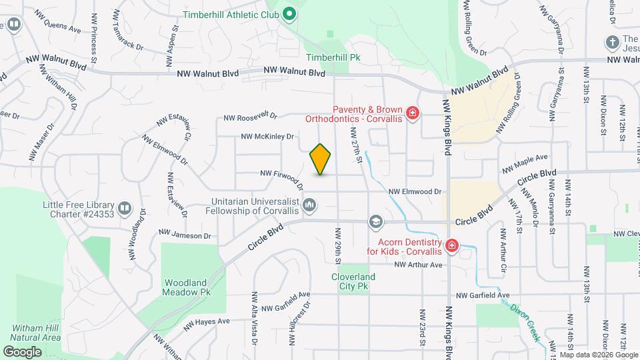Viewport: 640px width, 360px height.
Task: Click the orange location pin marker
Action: tap(321, 159)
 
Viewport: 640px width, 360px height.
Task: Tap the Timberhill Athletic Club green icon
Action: tap(289, 13)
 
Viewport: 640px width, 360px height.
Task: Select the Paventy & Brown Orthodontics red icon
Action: tap(413, 113)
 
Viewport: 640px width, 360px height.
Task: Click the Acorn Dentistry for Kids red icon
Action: tap(452, 246)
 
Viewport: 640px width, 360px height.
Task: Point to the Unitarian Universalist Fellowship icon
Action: tap(309, 205)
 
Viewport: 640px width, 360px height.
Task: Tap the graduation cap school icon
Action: tap(376, 221)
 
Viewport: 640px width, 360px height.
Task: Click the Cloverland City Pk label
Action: tap(353, 281)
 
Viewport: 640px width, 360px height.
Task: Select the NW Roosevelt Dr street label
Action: tap(250, 117)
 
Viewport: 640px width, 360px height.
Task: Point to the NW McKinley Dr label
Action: tap(268, 136)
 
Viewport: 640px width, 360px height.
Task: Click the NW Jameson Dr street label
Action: tap(185, 235)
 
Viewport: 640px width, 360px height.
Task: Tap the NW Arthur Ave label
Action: tap(418, 265)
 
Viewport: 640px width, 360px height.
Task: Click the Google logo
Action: tap(23, 351)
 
